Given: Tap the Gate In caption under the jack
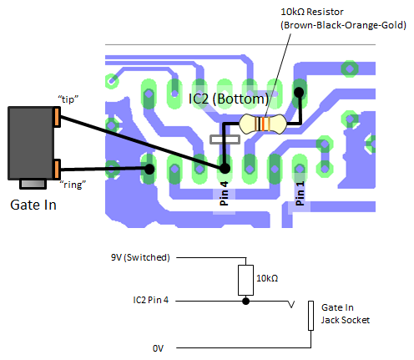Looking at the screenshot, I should pos(33,204).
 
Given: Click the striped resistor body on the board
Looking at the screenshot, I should pos(261,124).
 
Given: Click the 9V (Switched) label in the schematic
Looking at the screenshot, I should pos(140,257).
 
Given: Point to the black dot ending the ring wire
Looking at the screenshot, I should pos(149,170).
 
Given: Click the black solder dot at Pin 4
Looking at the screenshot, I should pos(224,169).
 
